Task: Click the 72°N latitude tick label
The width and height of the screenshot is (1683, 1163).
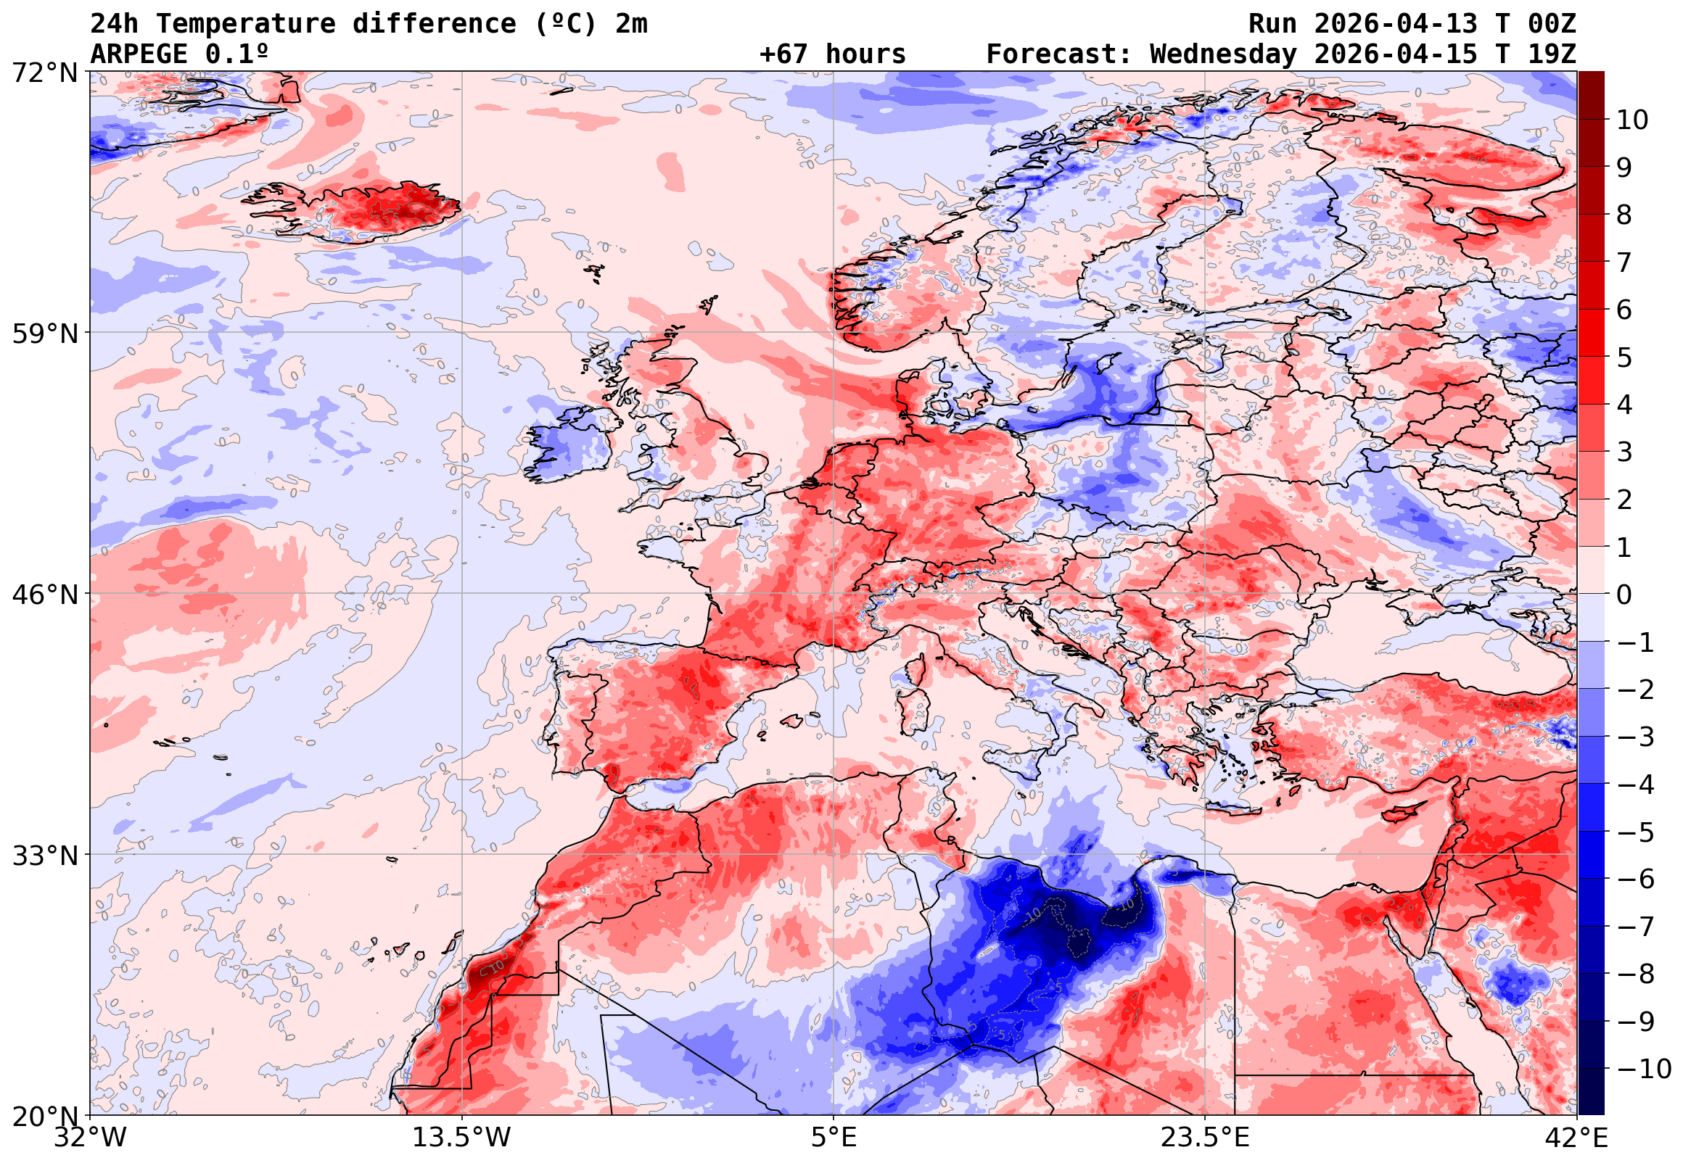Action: pyautogui.click(x=45, y=73)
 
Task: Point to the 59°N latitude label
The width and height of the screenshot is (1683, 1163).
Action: pyautogui.click(x=45, y=334)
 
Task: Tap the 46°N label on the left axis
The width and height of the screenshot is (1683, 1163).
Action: pyautogui.click(x=45, y=595)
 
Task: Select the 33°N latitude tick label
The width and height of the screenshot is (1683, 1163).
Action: pyautogui.click(x=45, y=856)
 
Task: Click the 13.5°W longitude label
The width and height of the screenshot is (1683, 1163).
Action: pyautogui.click(x=462, y=1138)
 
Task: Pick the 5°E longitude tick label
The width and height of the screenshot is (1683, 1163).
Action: pyautogui.click(x=834, y=1138)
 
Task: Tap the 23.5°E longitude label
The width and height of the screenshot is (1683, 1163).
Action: pyautogui.click(x=1205, y=1138)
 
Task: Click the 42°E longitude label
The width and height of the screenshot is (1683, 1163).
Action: pyautogui.click(x=1576, y=1138)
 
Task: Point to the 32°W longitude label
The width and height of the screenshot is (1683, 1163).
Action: pyautogui.click(x=91, y=1138)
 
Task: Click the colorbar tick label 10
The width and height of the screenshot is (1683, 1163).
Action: pyautogui.click(x=1632, y=120)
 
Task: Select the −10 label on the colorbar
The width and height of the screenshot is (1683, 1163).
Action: pyautogui.click(x=1644, y=1069)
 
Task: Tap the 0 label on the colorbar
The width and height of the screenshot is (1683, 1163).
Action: pyautogui.click(x=1624, y=595)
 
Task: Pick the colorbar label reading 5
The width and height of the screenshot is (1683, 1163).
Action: pyautogui.click(x=1624, y=357)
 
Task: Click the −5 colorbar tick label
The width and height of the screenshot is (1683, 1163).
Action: pyautogui.click(x=1636, y=832)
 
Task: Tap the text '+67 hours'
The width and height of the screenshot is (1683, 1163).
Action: pyautogui.click(x=832, y=54)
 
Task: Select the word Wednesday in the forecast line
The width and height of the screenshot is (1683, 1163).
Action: pyautogui.click(x=1223, y=54)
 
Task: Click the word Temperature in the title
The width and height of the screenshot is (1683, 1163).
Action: pyautogui.click(x=246, y=24)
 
